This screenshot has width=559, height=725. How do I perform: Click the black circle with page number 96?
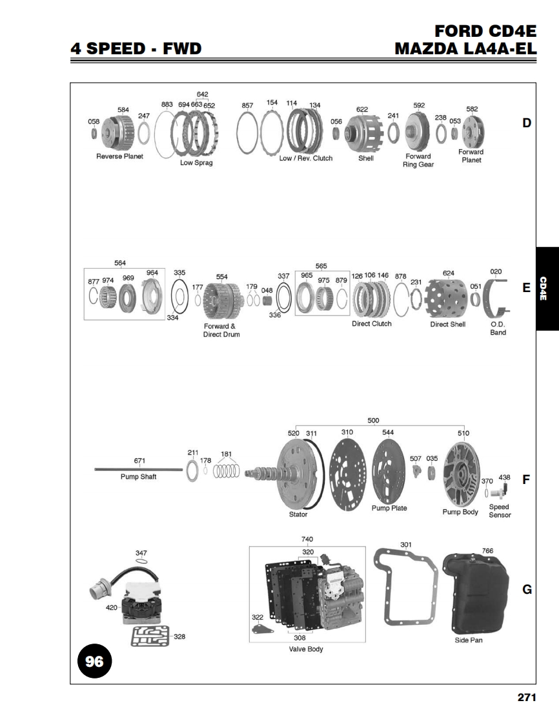point(95,661)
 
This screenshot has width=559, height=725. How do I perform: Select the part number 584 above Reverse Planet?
point(123,110)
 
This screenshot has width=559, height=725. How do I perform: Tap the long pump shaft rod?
point(139,470)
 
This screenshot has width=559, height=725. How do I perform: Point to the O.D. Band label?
point(498,328)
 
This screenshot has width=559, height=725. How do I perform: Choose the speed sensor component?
point(499,490)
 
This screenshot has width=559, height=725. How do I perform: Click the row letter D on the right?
point(527,123)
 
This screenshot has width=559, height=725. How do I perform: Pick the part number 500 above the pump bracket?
point(373,420)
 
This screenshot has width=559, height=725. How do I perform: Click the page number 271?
point(527,697)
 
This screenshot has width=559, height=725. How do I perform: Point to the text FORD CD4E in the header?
point(485,31)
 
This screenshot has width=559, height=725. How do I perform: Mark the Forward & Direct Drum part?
point(222,300)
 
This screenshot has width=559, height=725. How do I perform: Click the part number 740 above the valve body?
point(307,539)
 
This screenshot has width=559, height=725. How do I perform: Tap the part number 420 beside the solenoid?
point(112,607)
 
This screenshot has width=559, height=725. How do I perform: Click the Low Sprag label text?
point(196,163)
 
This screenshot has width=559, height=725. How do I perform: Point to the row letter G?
point(527,589)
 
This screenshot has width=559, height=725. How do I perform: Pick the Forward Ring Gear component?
point(418,131)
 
